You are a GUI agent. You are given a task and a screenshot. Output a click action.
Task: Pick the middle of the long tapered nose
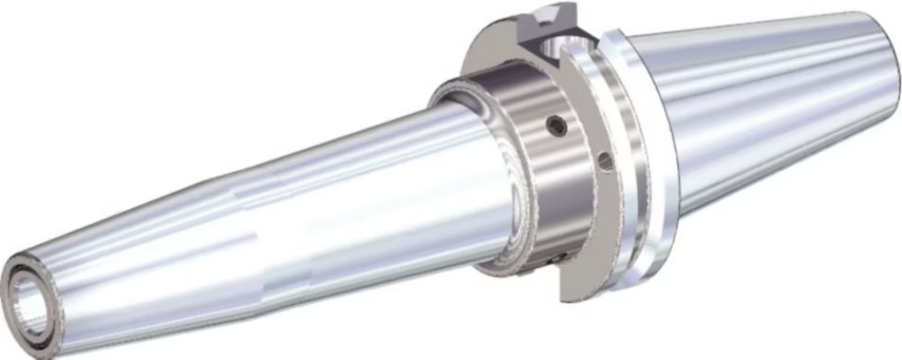[237, 228]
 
